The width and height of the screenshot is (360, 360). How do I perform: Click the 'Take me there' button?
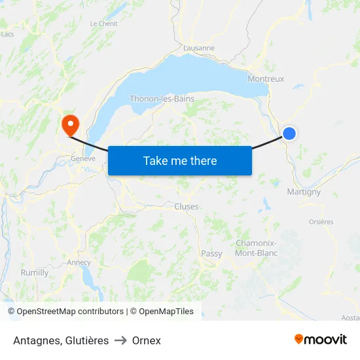[x=180, y=160]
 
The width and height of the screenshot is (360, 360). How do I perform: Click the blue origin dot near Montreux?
[x=289, y=134]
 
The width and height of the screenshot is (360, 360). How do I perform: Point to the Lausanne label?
[x=199, y=48]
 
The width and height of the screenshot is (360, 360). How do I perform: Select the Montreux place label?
[x=266, y=79]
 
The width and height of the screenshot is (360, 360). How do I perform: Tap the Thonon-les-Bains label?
[x=162, y=99]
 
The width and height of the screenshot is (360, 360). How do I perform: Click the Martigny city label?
[x=304, y=192]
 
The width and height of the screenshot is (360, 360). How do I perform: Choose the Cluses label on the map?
[x=187, y=206]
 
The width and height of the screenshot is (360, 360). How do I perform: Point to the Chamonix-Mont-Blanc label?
[x=256, y=248]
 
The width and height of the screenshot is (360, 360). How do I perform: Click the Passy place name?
[x=211, y=253]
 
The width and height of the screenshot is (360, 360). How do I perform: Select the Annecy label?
[x=79, y=262]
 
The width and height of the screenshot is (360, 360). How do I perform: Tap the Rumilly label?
[x=35, y=272]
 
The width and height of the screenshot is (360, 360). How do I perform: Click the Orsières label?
[x=321, y=221]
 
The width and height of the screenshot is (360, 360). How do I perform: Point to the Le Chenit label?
[x=103, y=24]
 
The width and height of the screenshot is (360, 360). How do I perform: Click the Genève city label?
[x=83, y=158]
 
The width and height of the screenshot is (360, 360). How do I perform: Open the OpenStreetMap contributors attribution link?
[x=70, y=312]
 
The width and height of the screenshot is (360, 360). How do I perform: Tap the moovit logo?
[x=321, y=340]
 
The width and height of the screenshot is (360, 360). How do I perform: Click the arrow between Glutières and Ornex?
[x=120, y=340]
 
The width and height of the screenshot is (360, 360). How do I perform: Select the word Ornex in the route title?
[x=146, y=340]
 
